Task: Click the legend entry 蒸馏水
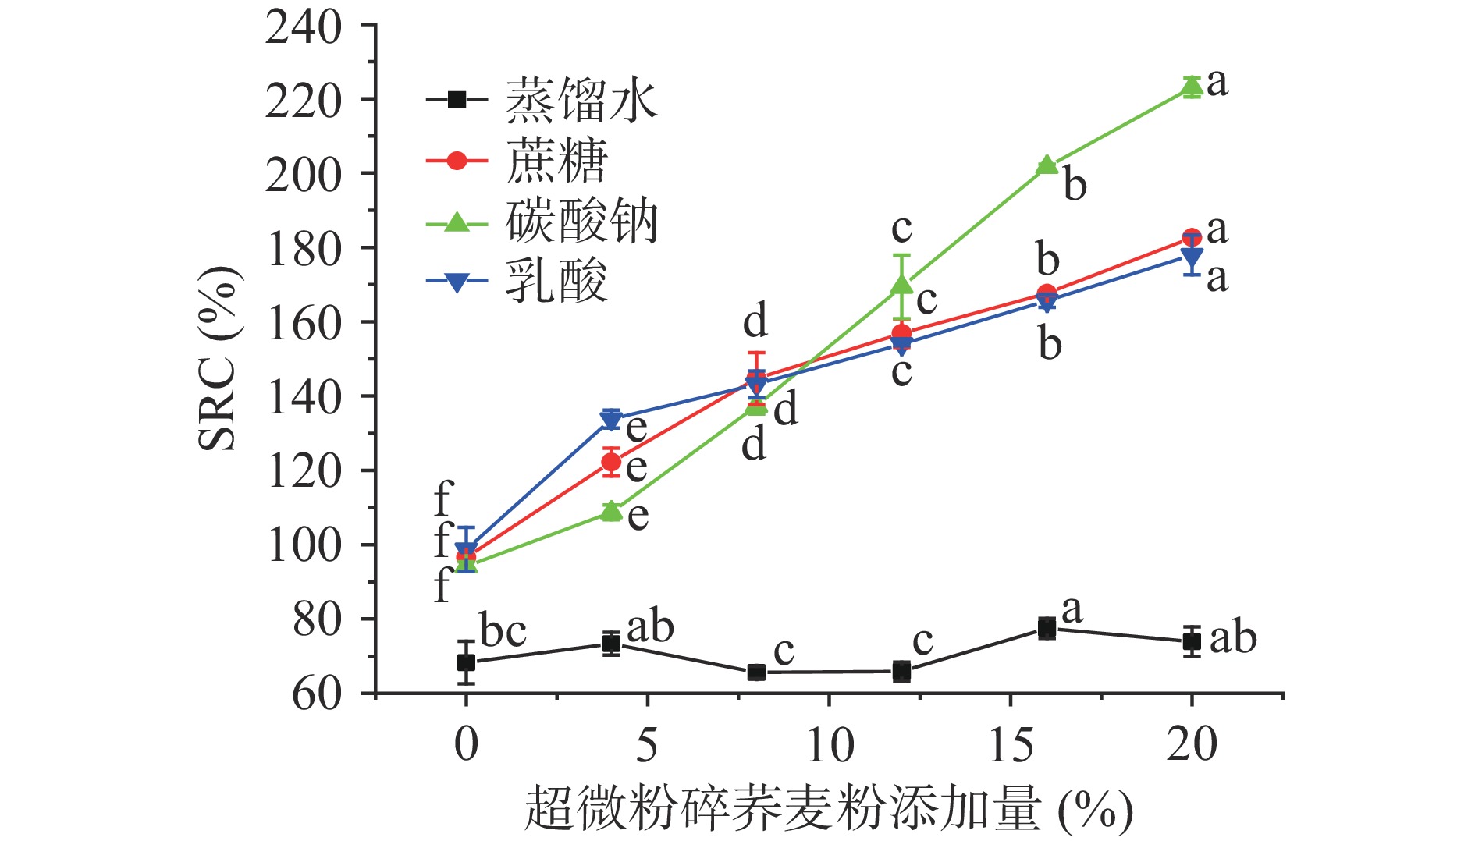click(581, 101)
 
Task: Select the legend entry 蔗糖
click(556, 161)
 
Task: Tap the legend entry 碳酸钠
click(581, 222)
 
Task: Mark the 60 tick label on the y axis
click(316, 694)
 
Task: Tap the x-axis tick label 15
click(1011, 744)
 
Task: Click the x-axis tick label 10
click(829, 744)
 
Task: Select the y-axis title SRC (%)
click(218, 359)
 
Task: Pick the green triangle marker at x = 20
click(1192, 87)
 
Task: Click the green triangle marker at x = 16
click(1047, 165)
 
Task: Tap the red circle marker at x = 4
click(611, 462)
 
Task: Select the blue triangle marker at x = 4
click(611, 419)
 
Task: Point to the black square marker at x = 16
click(1047, 627)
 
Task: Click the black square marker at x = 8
click(756, 672)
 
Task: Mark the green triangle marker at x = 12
click(901, 285)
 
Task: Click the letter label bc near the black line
click(503, 631)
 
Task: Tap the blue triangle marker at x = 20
click(1192, 257)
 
